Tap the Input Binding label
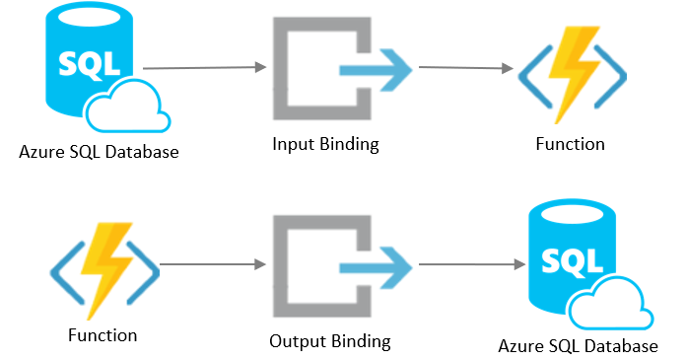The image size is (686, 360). coord(325,144)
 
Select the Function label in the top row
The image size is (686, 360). coord(570,144)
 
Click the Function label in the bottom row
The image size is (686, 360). coord(103,335)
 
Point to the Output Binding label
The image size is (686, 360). coord(329,342)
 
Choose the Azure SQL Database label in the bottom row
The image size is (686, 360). coord(579,346)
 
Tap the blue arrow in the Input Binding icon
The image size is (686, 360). coord(376,70)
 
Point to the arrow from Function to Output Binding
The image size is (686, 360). coord(213,265)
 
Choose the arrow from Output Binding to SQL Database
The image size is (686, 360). coord(469,265)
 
